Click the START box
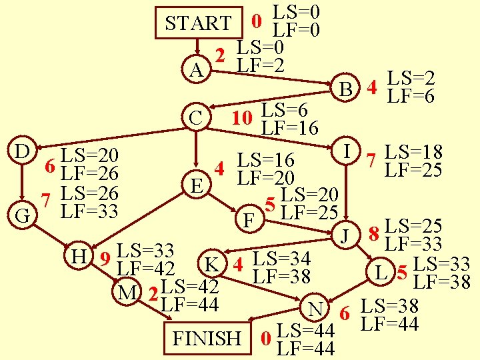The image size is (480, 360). point(198,23)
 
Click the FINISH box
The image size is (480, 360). point(207,338)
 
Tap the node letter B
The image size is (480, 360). point(345,89)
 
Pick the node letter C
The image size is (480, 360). point(195,118)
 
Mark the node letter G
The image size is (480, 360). point(21,217)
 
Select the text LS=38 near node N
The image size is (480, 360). point(389,307)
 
